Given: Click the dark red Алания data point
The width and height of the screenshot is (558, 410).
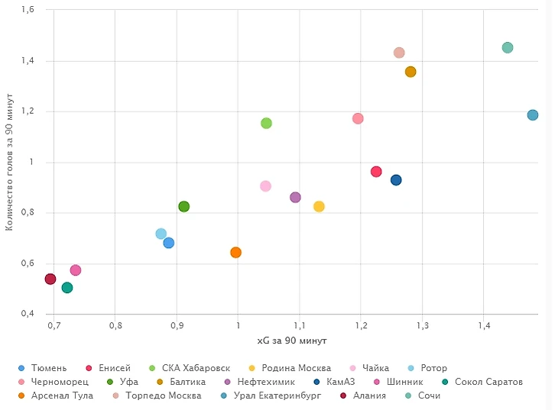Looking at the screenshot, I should pyautogui.click(x=50, y=279).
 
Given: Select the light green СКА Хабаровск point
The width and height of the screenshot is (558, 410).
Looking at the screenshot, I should pyautogui.click(x=266, y=123).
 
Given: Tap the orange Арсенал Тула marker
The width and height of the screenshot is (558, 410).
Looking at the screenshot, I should pyautogui.click(x=235, y=252).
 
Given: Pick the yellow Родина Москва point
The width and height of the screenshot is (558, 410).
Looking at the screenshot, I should pyautogui.click(x=319, y=206).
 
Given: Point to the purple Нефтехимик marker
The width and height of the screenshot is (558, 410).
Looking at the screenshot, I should pyautogui.click(x=295, y=197).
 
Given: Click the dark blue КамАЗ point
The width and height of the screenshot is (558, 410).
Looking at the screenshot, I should pyautogui.click(x=396, y=180).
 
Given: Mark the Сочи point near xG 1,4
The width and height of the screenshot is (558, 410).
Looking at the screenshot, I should pyautogui.click(x=508, y=47).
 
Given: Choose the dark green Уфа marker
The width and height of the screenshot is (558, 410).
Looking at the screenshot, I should pyautogui.click(x=183, y=206).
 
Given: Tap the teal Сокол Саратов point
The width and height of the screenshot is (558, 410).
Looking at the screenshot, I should pyautogui.click(x=67, y=288).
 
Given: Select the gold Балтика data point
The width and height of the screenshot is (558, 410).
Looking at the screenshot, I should pyautogui.click(x=410, y=72).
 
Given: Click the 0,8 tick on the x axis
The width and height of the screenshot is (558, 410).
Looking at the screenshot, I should pyautogui.click(x=115, y=326).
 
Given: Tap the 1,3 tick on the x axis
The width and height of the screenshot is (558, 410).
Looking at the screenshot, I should pyautogui.click(x=423, y=326).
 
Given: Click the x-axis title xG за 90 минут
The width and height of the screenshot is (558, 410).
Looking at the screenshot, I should pyautogui.click(x=292, y=340).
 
